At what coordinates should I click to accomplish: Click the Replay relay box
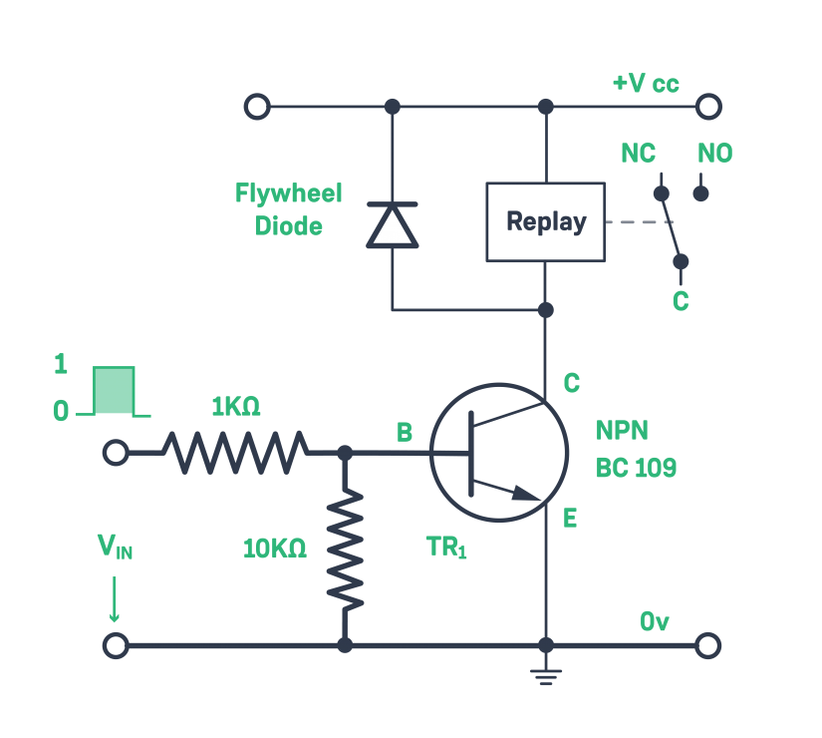tap(545, 222)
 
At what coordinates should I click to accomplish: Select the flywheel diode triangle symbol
tap(392, 226)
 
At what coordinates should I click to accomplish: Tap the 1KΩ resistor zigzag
tap(235, 453)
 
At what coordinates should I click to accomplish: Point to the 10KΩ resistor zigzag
tap(345, 550)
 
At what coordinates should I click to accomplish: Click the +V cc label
tap(646, 83)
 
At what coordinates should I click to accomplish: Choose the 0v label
tap(654, 622)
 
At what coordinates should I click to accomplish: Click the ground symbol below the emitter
tap(545, 677)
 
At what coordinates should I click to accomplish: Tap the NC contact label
tap(638, 154)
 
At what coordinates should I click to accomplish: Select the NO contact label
tap(714, 154)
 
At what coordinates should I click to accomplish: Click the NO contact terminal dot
tap(700, 192)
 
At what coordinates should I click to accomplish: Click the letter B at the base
tap(405, 432)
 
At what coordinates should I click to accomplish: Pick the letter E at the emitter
tap(570, 519)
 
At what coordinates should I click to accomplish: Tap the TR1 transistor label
tap(445, 548)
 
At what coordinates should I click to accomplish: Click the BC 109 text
tap(636, 468)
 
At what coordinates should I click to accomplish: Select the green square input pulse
tap(114, 390)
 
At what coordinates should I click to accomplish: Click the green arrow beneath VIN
tap(115, 600)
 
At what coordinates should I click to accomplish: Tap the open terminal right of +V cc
tap(708, 106)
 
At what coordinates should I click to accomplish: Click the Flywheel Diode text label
tap(288, 208)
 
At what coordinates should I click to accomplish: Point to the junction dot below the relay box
tap(545, 310)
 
